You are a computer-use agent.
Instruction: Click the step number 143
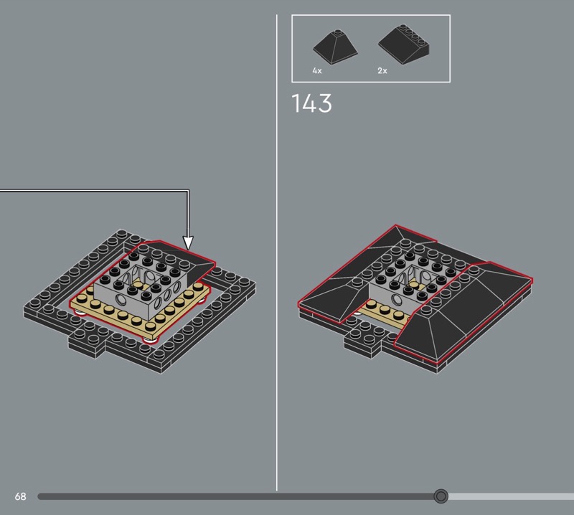tap(311, 103)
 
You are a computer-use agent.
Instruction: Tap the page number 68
tap(21, 496)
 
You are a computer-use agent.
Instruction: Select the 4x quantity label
tap(317, 70)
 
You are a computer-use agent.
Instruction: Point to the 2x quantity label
tap(382, 70)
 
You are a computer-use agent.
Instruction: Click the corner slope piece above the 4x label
tap(335, 47)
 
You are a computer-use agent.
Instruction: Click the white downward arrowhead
tap(188, 243)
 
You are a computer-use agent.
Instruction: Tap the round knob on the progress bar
tap(441, 496)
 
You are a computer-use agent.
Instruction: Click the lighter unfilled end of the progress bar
tap(511, 496)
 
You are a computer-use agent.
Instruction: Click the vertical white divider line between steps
tap(277, 252)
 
